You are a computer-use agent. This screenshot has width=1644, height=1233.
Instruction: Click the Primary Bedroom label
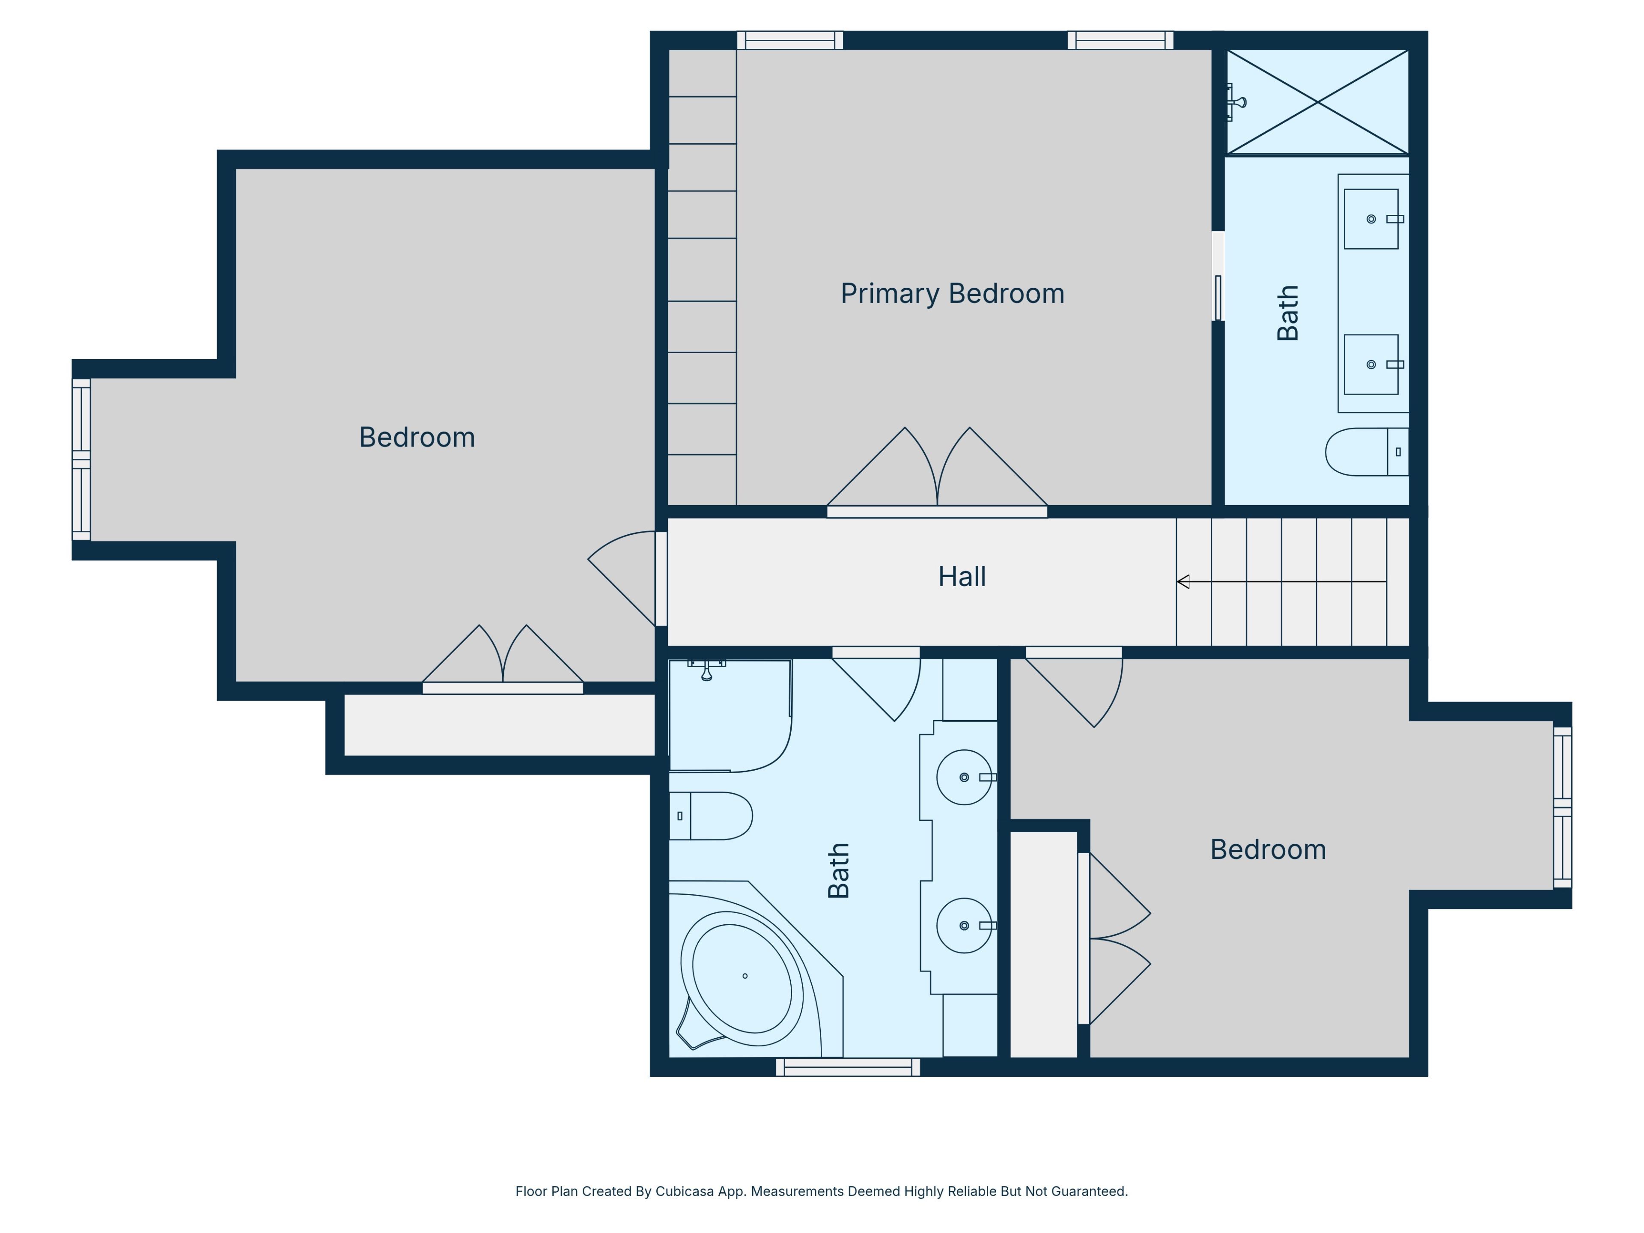952,294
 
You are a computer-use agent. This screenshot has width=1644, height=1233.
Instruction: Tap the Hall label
962,577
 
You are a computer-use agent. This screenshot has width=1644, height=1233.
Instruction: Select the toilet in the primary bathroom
1367,452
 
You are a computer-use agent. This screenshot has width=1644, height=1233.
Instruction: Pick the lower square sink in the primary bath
1371,364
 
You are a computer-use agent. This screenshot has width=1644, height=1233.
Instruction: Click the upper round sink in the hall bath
964,777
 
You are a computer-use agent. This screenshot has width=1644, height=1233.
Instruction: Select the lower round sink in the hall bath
964,925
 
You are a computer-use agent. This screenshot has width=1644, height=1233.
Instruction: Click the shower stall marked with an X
1317,102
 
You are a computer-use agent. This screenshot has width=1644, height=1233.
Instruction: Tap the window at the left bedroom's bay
81,459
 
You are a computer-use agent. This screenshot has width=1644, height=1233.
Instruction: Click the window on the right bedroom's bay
1562,807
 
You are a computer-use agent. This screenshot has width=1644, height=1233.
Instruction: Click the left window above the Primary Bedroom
790,40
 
